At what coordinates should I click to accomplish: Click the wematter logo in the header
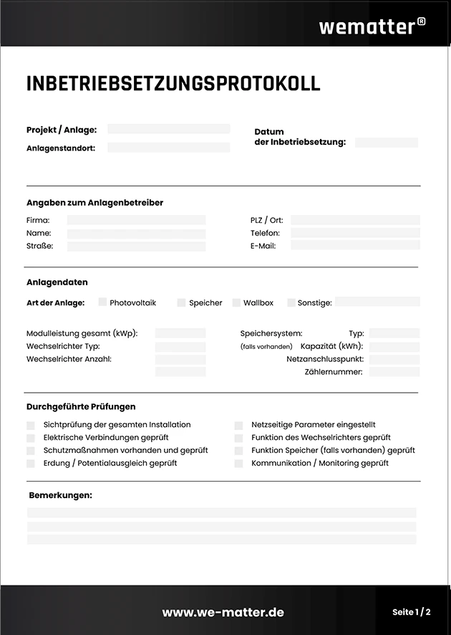372,26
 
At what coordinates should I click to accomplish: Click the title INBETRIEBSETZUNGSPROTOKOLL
173,83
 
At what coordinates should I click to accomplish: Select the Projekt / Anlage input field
169,129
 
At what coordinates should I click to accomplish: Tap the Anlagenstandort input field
169,148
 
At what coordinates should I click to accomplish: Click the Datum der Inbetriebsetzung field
386,143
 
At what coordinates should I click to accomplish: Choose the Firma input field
136,220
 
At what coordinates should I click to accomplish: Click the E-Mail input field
355,246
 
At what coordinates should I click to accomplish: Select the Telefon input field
355,233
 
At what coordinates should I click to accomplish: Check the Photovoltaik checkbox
102,302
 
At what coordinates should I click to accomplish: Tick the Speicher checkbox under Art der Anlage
182,302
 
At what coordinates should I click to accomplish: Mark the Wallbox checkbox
237,302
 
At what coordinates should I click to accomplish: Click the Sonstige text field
377,302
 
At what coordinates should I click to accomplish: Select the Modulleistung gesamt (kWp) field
180,333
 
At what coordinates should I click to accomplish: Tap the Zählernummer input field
394,372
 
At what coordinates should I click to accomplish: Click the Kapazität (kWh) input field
394,346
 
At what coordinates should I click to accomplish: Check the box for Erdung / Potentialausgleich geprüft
31,464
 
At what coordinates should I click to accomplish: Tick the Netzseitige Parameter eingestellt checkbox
238,425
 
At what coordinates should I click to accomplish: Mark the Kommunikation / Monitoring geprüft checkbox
238,464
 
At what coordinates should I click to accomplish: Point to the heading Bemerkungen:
60,495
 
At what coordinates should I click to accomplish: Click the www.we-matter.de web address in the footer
223,612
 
